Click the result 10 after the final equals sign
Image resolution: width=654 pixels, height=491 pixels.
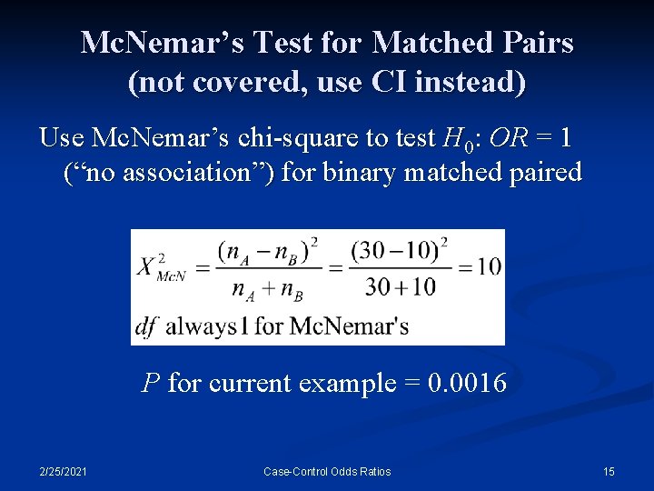[x=488, y=266]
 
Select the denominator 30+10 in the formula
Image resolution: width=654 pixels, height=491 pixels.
[x=400, y=288]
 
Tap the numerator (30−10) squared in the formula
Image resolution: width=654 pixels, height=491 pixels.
[x=400, y=249]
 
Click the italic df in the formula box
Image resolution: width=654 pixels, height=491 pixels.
[x=145, y=326]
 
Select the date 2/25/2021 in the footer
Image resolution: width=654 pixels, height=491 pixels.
[x=63, y=472]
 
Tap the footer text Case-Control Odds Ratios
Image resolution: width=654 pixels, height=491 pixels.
[x=327, y=472]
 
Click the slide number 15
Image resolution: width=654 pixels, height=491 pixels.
[x=609, y=472]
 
